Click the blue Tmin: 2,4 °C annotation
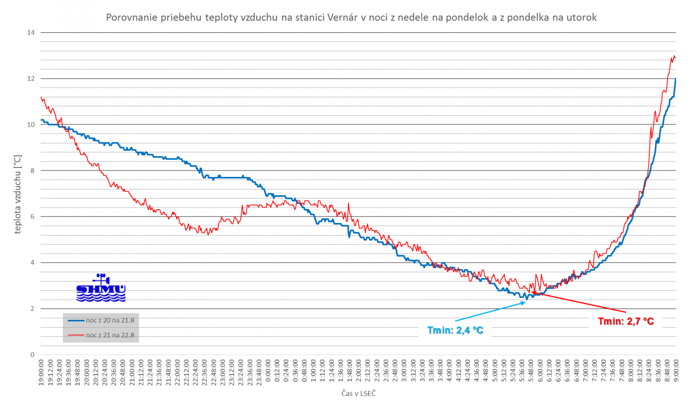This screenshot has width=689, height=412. (x=455, y=330)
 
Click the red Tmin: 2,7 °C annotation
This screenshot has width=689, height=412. (x=626, y=321)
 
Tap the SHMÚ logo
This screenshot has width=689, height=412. (x=101, y=288)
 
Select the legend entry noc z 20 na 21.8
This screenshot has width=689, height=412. (x=110, y=320)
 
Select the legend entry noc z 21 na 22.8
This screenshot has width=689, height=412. (x=110, y=335)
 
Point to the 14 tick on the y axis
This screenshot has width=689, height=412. (x=31, y=33)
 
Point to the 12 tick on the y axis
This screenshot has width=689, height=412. (x=31, y=79)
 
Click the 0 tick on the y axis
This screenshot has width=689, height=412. (x=32, y=355)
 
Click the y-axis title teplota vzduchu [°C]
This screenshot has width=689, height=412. (x=18, y=195)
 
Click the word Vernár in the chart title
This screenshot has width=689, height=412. (x=342, y=18)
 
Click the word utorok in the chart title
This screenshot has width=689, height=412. (x=581, y=18)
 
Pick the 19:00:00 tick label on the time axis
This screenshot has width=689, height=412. (x=41, y=373)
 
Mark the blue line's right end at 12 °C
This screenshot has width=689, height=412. (x=676, y=79)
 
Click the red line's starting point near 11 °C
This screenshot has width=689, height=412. (x=41, y=97)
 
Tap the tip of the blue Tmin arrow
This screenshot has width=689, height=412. (x=525, y=302)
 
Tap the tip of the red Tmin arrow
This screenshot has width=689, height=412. (x=532, y=292)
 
